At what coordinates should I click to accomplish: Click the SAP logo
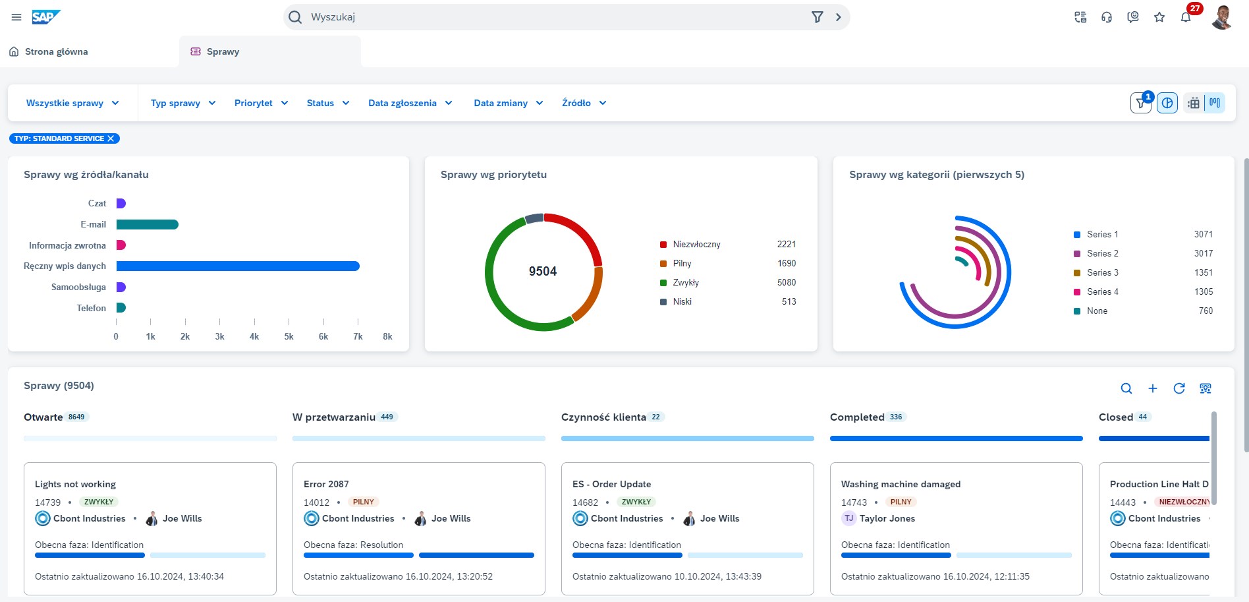click(46, 17)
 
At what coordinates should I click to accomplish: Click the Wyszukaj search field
click(553, 17)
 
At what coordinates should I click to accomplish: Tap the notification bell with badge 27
click(1186, 17)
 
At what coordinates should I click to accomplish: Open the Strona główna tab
click(56, 51)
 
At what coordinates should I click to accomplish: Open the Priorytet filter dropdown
click(261, 103)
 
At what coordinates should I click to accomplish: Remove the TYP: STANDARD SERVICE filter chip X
click(111, 138)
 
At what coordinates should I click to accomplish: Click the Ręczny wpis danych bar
click(237, 266)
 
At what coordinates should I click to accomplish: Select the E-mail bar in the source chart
click(147, 224)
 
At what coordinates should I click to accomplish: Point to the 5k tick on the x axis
click(289, 336)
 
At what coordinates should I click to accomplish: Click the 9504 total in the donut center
click(543, 271)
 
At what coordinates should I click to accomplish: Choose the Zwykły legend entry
click(685, 282)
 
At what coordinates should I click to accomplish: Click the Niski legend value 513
click(789, 301)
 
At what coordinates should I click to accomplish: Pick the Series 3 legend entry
click(1102, 272)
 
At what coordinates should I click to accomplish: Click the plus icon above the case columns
click(1153, 388)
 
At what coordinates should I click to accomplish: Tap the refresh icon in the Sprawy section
click(1179, 388)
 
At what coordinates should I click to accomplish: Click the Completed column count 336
click(896, 417)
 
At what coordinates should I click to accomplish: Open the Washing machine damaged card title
click(901, 484)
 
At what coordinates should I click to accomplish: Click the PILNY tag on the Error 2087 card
click(363, 502)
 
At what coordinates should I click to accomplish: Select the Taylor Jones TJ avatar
click(849, 518)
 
